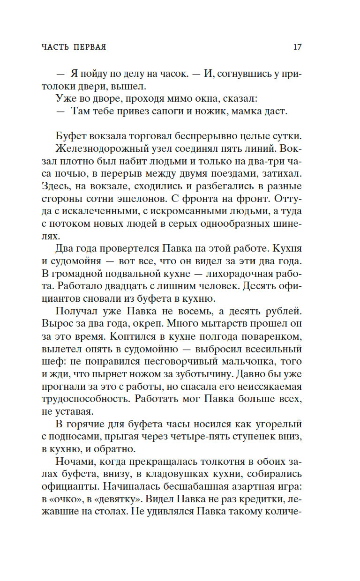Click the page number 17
coord(297,47)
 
